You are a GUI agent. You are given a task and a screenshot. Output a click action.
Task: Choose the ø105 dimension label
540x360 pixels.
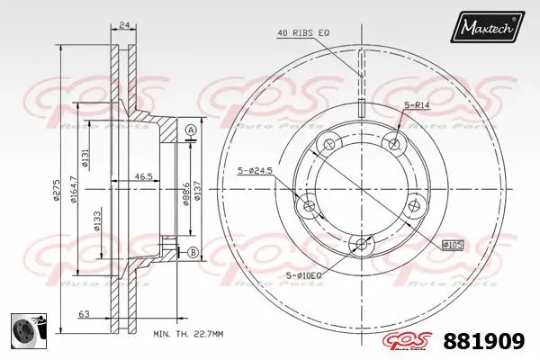[x=454, y=244]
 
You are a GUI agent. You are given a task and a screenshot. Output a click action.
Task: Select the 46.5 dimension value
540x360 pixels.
[x=141, y=177]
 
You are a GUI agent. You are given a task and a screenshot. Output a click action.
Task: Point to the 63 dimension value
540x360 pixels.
[x=83, y=315]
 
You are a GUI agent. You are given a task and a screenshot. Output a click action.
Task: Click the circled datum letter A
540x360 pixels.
[x=190, y=132]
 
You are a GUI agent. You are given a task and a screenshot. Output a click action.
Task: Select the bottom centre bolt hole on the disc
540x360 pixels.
[x=361, y=244]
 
